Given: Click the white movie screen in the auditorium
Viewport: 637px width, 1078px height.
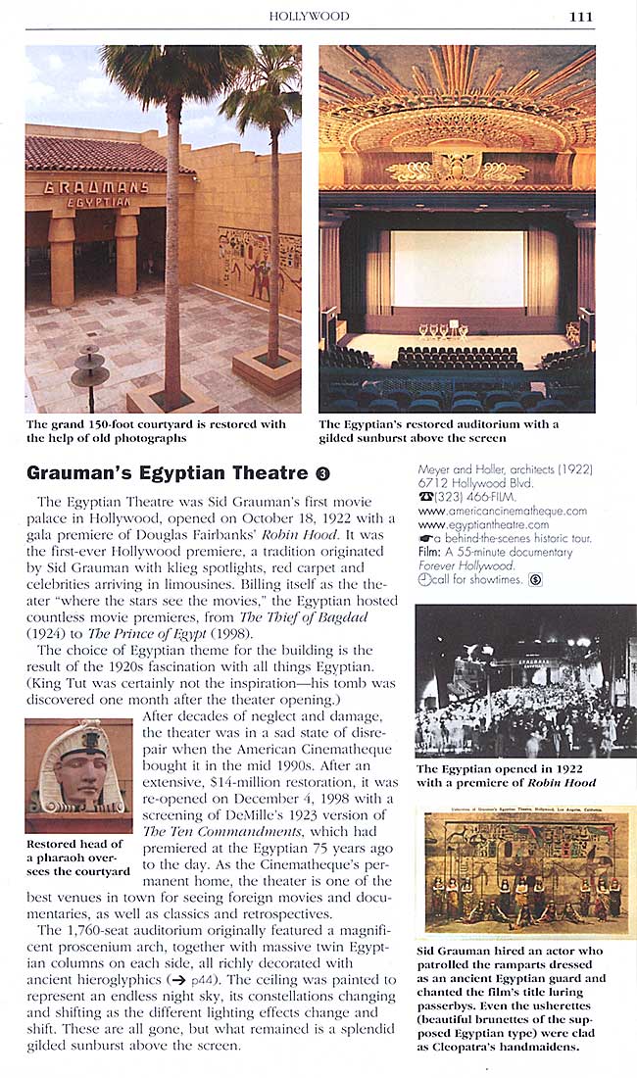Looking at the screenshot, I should [x=457, y=269].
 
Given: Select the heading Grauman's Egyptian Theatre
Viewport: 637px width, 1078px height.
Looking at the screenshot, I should [x=167, y=473].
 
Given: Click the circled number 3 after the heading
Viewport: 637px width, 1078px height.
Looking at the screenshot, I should [x=323, y=474].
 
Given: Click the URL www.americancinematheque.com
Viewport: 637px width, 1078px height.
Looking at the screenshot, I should [x=502, y=511].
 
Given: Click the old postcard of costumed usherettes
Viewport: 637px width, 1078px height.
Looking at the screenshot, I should [x=526, y=870].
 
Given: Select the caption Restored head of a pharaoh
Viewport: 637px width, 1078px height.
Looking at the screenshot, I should [x=76, y=857].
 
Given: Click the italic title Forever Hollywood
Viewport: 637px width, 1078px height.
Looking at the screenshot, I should [x=465, y=565].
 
